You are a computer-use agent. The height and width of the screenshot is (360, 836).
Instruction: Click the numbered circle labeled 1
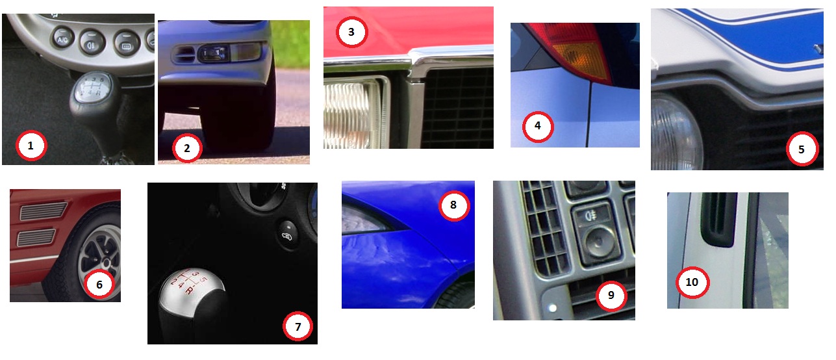(x=31, y=146)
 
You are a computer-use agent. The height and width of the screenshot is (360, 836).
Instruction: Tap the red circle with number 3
(x=351, y=32)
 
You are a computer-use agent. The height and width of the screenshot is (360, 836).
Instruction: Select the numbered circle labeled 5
(x=802, y=149)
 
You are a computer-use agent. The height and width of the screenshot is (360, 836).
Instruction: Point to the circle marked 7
(x=298, y=327)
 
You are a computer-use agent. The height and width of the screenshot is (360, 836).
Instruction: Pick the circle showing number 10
(x=692, y=282)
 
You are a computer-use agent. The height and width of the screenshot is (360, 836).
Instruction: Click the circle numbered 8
(x=454, y=205)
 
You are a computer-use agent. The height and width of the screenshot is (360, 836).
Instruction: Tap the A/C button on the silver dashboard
(x=63, y=40)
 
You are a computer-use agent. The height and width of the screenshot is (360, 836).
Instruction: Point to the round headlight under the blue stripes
(x=676, y=133)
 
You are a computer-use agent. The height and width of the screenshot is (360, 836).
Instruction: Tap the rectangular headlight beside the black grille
(x=354, y=114)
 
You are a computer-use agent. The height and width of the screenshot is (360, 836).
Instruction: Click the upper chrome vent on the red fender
(x=43, y=211)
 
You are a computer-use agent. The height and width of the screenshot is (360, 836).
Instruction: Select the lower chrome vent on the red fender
(x=36, y=238)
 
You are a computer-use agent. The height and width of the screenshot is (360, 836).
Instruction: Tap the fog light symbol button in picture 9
(x=591, y=216)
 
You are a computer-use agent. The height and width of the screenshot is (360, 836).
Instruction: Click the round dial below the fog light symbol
(x=599, y=242)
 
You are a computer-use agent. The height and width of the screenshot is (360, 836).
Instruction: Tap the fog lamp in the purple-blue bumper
(x=214, y=54)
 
